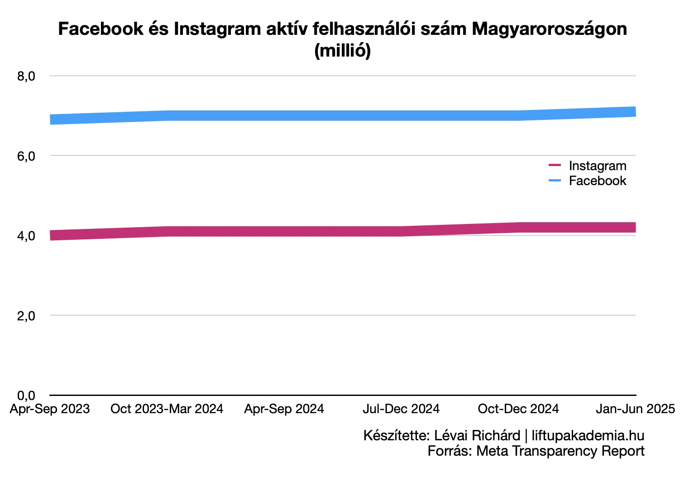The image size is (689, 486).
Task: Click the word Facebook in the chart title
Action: point(100,29)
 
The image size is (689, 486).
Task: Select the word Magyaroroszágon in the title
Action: point(549,29)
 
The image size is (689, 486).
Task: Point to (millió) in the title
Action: point(343,50)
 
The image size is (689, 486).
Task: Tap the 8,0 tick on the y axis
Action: point(26,76)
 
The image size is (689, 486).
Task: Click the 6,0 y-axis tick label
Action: point(26,156)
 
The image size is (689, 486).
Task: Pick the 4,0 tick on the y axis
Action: point(26,236)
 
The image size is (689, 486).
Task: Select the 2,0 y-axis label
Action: point(26,315)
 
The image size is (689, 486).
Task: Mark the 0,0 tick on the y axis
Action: point(26,395)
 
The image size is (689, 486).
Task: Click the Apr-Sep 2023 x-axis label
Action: point(50,409)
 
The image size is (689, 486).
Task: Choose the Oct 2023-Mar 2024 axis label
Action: point(167,409)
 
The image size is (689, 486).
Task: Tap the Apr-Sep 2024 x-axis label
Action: point(284,409)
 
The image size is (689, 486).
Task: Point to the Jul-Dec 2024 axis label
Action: point(401,409)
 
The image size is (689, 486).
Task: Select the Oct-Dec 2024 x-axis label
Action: point(518,409)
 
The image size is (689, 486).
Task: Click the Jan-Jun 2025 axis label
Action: point(635,409)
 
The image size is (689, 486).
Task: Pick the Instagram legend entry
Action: point(597,166)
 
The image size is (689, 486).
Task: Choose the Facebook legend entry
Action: point(597,181)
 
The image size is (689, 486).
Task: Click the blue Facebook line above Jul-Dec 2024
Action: point(401,115)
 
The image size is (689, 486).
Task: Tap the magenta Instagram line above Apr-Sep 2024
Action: point(284,231)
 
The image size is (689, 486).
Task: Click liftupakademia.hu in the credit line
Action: point(588,435)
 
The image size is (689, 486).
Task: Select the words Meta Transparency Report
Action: point(560,451)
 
